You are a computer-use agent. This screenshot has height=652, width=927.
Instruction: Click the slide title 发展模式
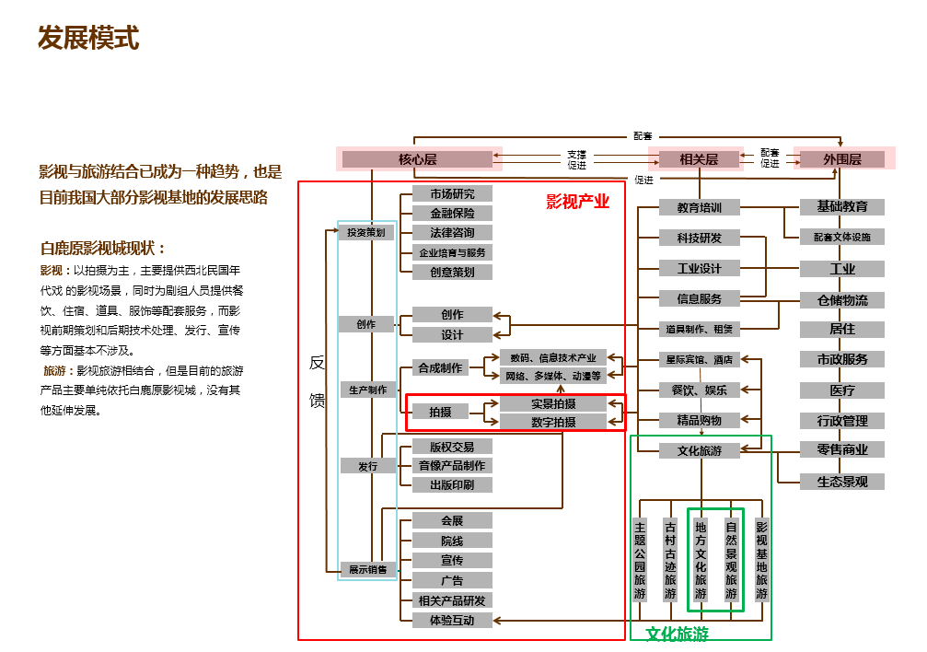pos(88,39)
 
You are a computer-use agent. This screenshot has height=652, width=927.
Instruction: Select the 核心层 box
pos(418,159)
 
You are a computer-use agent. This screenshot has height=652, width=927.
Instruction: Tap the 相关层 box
pos(699,159)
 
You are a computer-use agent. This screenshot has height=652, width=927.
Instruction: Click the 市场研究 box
pos(452,193)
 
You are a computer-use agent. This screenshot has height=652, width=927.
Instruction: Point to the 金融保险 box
pos(452,213)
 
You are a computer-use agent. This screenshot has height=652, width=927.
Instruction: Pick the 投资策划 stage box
pos(366,233)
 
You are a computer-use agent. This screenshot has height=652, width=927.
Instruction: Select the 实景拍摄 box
pos(553,403)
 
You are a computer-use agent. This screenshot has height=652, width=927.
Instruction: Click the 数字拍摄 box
pos(553,422)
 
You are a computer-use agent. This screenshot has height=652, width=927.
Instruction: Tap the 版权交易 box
pos(452,447)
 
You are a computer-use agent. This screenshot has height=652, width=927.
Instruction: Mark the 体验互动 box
pos(452,620)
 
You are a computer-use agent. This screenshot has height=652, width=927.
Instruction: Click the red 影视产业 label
pos(578,202)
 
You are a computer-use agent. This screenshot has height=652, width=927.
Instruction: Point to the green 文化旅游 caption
pos(678,634)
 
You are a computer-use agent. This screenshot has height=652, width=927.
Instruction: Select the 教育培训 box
pos(700,208)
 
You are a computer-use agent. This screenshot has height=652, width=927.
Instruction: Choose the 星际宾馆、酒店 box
pos(700,359)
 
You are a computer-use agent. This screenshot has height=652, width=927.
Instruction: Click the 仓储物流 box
pos(842,300)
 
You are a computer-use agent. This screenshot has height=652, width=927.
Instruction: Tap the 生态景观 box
pos(842,482)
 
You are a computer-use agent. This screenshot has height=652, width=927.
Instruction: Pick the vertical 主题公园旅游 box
pos(641,560)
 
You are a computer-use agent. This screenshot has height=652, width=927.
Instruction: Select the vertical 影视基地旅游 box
pos(761,560)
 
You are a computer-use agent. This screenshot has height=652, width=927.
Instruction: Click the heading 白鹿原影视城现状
pos(104,249)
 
